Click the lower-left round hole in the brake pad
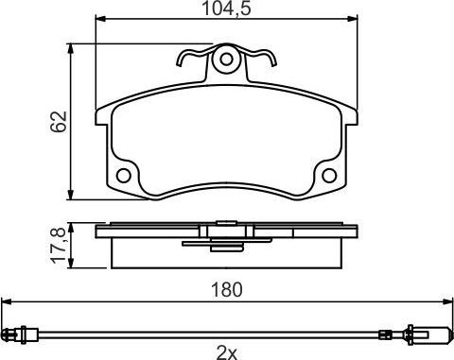pyautogui.click(x=123, y=176)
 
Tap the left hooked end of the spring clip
pyautogui.click(x=183, y=61)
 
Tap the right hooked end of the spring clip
pyautogui.click(x=271, y=61)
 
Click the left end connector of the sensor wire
pyautogui.click(x=17, y=333)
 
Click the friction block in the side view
pyautogui.click(x=227, y=252)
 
